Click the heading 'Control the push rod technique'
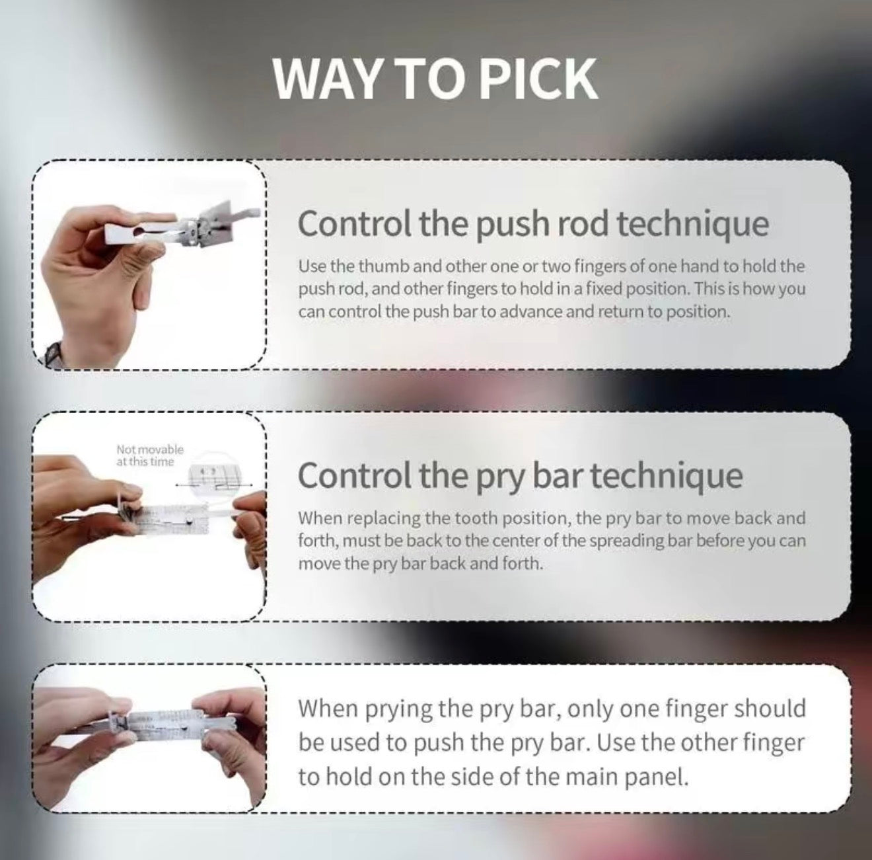(x=534, y=223)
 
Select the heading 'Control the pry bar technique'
(x=521, y=475)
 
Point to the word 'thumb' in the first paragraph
(x=384, y=266)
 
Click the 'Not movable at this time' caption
(x=150, y=455)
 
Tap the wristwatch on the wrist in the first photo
(x=51, y=353)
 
